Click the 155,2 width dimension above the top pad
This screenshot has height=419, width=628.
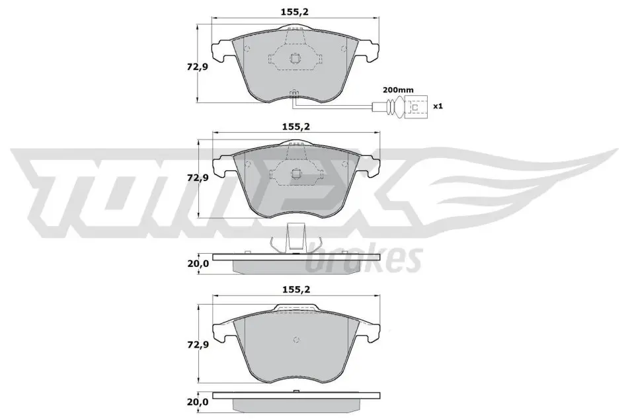[295, 12]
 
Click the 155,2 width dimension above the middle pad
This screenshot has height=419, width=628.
[295, 127]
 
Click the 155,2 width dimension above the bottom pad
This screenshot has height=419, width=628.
[295, 289]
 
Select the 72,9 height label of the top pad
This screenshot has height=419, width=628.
[197, 67]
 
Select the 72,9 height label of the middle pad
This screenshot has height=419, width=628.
[198, 178]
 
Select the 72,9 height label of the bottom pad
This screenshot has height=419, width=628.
[198, 344]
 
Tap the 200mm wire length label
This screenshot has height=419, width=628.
[398, 90]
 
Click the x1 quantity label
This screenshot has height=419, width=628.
[438, 106]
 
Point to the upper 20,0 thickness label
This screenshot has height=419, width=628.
[198, 263]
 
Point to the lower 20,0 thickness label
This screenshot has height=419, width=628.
[198, 401]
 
